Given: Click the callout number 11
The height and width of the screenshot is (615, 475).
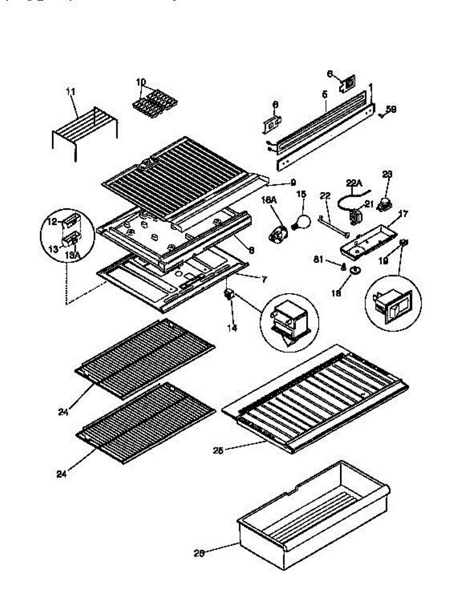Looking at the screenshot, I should coord(71,91).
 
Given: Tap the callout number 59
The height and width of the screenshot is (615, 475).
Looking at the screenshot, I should coord(391,109).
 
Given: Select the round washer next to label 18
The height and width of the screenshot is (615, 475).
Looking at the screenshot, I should coord(353,270).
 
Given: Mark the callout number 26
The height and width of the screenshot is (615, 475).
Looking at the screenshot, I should coord(200,553).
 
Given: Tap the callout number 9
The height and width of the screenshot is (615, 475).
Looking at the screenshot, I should coord(293,181).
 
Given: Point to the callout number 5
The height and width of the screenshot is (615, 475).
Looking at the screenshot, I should coord(324,94).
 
